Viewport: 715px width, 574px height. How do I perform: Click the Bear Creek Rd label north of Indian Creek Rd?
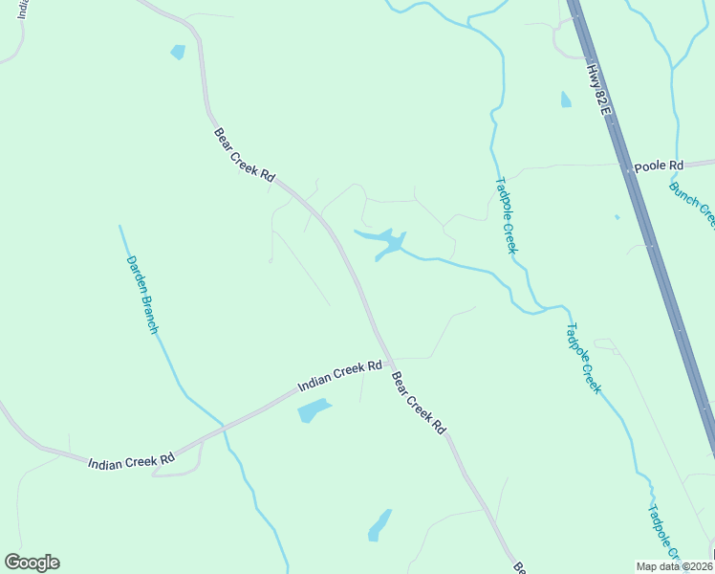click(244, 156)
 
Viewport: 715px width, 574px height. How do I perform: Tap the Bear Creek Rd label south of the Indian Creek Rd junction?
click(420, 403)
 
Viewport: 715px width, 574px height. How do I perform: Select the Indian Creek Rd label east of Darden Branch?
click(339, 375)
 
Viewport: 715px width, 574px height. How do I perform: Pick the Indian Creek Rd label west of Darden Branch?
click(131, 461)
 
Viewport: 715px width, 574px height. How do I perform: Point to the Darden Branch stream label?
click(141, 294)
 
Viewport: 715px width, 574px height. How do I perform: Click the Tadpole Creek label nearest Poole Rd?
click(506, 215)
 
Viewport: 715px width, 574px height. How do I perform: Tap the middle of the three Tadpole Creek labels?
click(582, 358)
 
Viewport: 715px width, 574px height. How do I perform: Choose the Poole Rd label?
click(660, 166)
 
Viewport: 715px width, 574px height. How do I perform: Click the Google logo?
click(32, 563)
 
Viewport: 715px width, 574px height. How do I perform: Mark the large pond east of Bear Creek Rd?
click(385, 243)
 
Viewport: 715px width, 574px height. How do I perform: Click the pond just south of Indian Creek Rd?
click(313, 411)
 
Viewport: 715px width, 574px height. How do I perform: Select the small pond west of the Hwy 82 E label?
click(566, 99)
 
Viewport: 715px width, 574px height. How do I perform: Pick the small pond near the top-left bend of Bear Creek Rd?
click(178, 52)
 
